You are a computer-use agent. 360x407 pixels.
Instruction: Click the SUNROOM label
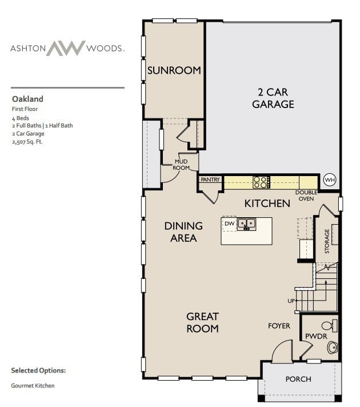coord(174,71)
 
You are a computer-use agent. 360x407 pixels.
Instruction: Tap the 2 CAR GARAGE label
coord(273,98)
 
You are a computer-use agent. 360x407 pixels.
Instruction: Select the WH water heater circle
coord(330,179)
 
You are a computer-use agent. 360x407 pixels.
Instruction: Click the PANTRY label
coord(210,179)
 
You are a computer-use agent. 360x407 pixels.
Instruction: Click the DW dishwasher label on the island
coord(229,224)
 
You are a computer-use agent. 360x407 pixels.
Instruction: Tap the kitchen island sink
coord(247,224)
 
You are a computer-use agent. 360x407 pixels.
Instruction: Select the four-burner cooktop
coord(261,182)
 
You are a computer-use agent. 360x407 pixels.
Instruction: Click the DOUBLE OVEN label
coord(306,195)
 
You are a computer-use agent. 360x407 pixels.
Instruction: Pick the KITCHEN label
coord(267,203)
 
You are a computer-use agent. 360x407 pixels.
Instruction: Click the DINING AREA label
coord(183,232)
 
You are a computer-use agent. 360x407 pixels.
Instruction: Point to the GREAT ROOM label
coord(202,322)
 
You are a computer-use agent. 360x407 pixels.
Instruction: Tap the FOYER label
coord(279,326)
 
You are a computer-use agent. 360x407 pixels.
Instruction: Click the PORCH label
coord(298,379)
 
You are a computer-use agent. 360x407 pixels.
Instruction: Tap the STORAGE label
coord(327,241)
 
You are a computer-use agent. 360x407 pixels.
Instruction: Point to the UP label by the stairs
coord(291,301)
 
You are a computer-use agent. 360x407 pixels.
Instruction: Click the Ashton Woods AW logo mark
coord(65,48)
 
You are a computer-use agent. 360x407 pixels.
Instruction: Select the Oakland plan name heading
coord(27,99)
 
